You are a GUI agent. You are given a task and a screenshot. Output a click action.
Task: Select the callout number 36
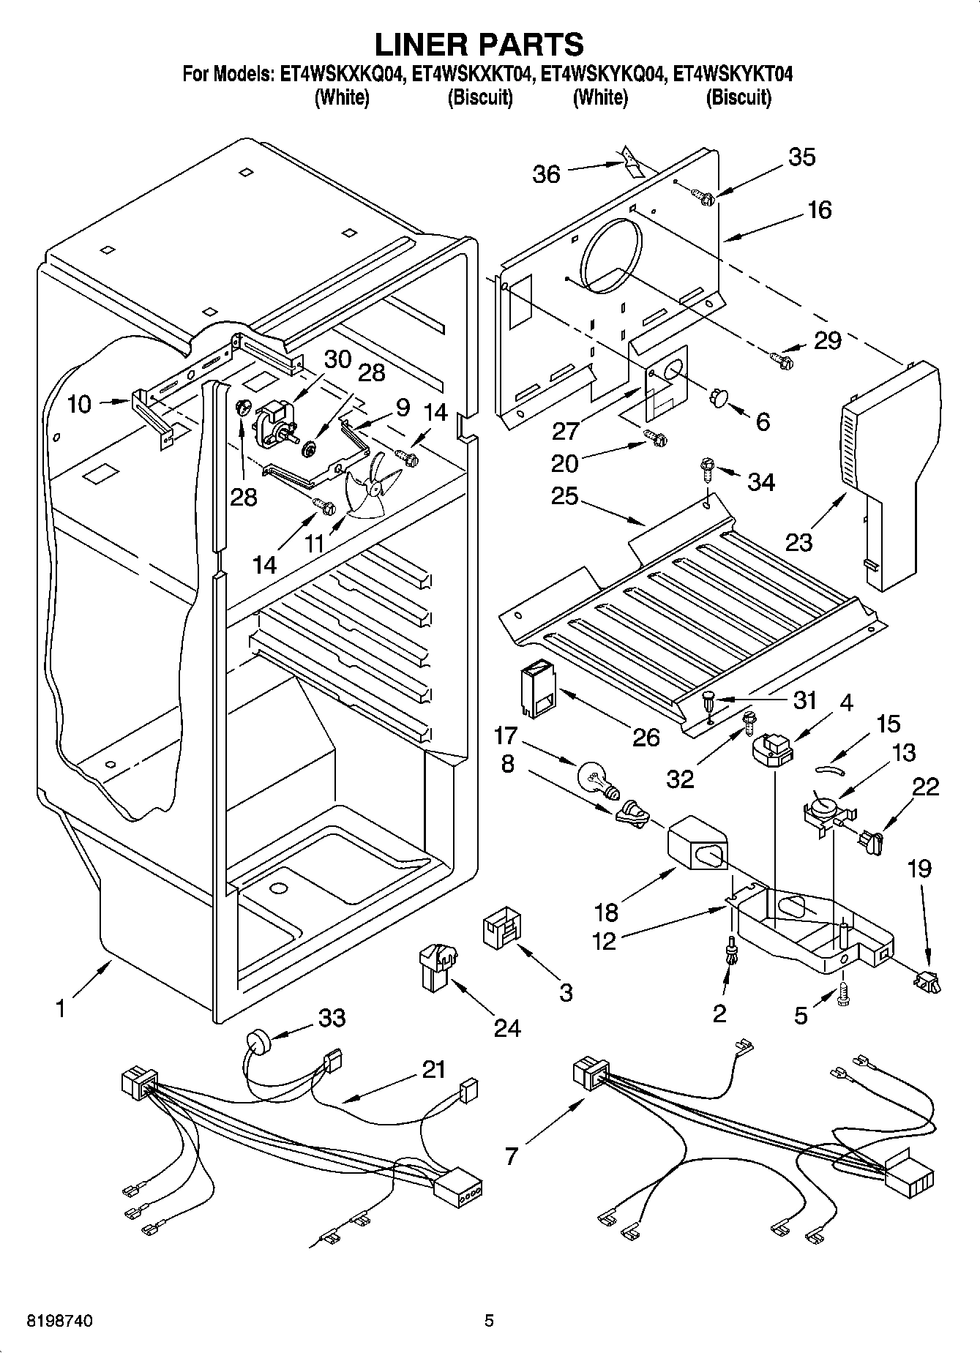[546, 174]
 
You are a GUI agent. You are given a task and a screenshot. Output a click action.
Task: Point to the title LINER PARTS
[479, 44]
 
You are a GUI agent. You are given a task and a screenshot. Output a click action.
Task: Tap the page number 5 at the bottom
[489, 1321]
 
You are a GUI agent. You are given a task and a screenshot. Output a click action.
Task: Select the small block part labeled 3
[502, 930]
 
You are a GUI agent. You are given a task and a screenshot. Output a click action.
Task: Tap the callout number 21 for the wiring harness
[433, 1070]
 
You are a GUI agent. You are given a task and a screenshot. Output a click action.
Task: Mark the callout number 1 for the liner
[60, 1010]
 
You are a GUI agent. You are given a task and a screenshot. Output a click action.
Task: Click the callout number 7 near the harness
[510, 1156]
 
